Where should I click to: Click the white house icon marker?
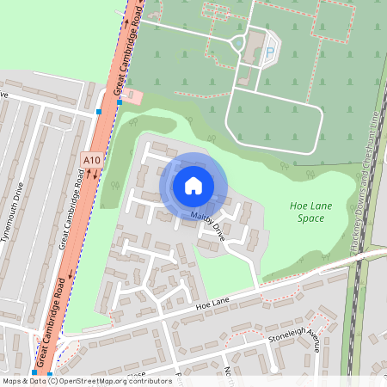(193, 184)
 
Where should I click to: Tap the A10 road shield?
(91, 159)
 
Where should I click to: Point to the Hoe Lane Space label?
(307, 212)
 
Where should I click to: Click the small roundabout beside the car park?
(238, 43)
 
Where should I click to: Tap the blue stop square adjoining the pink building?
(119, 101)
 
